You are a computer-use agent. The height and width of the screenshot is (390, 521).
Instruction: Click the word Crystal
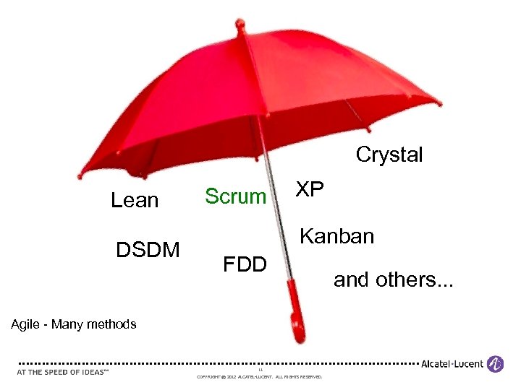pyautogui.click(x=389, y=155)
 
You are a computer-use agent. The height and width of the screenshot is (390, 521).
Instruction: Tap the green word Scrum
pyautogui.click(x=236, y=196)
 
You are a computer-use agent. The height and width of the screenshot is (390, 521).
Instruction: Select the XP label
pyautogui.click(x=310, y=189)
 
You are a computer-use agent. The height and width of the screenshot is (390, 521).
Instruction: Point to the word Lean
pyautogui.click(x=135, y=200)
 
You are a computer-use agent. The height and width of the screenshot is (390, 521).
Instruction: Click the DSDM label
pyautogui.click(x=148, y=250)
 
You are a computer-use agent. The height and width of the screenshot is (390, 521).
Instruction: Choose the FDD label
pyautogui.click(x=245, y=264)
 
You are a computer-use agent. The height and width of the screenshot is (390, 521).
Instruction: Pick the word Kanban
pyautogui.click(x=336, y=236)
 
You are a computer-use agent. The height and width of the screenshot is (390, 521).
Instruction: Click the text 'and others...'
pyautogui.click(x=393, y=279)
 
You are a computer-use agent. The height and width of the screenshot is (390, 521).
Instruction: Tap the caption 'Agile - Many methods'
pyautogui.click(x=74, y=324)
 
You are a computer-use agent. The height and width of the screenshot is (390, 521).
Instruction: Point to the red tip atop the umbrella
pyautogui.click(x=240, y=25)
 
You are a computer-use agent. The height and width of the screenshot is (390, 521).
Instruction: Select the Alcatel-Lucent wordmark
pyautogui.click(x=453, y=364)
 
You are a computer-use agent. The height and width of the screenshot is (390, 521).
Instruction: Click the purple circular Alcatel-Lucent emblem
pyautogui.click(x=496, y=364)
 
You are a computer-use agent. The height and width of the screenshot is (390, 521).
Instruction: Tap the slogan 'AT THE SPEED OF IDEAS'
pyautogui.click(x=62, y=372)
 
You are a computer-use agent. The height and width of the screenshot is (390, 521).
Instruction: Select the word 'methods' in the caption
pyautogui.click(x=111, y=324)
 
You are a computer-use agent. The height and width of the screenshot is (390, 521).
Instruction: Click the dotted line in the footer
pyautogui.click(x=217, y=363)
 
